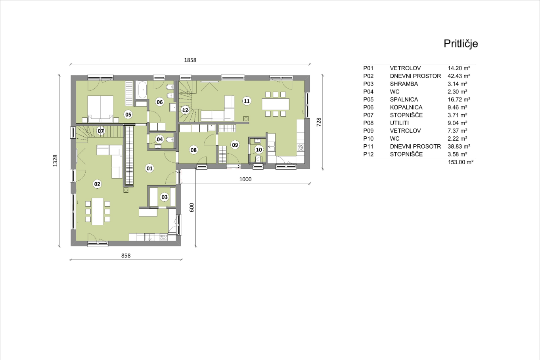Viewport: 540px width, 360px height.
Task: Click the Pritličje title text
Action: pos(461,44)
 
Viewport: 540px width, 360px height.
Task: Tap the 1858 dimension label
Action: pos(190,60)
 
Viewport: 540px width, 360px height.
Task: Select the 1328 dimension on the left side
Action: pos(55,161)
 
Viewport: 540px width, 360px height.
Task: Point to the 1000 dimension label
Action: pos(245,179)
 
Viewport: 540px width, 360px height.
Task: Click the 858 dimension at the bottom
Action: pos(126,256)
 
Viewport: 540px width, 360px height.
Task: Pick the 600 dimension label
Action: pos(191,207)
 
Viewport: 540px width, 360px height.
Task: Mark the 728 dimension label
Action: pos(319,122)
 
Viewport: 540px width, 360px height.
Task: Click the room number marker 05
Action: pos(128,115)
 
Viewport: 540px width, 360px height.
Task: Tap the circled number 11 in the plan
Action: pos(247,101)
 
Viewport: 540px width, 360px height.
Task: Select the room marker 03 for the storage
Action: pos(165,197)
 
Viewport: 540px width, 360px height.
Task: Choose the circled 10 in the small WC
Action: pos(259,150)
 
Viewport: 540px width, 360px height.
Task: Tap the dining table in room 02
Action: pos(98,211)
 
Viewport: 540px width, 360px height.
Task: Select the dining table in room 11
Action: pos(276,104)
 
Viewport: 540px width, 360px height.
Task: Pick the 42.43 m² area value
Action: pos(459,76)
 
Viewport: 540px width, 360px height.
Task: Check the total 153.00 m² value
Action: pos(460,162)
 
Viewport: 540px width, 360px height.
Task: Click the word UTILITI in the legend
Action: pos(399,123)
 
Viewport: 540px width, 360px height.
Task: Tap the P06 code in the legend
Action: pos(368,107)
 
